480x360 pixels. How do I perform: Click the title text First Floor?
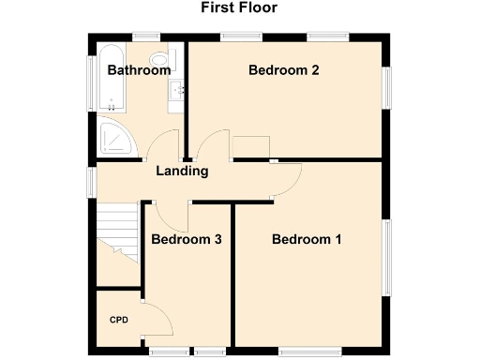tap(239, 8)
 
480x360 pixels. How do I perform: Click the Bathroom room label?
tap(138, 70)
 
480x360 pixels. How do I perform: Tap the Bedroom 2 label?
tap(284, 70)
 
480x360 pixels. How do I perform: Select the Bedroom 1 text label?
tap(307, 240)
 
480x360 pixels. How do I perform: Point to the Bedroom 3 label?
tap(187, 240)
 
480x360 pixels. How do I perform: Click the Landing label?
tap(182, 172)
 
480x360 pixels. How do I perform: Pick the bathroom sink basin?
tap(175, 90)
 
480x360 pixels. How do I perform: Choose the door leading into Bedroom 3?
tap(172, 215)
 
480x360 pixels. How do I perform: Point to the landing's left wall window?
tap(92, 182)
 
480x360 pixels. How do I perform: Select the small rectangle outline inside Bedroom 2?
tap(250, 147)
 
